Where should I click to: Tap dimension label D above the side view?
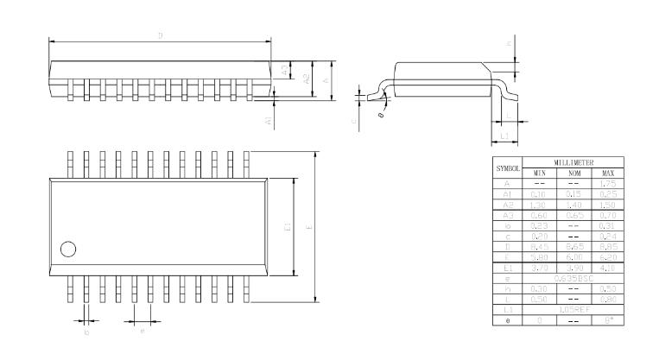tap(161, 35)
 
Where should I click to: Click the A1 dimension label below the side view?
tap(269, 122)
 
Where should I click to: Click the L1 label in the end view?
tap(504, 136)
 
